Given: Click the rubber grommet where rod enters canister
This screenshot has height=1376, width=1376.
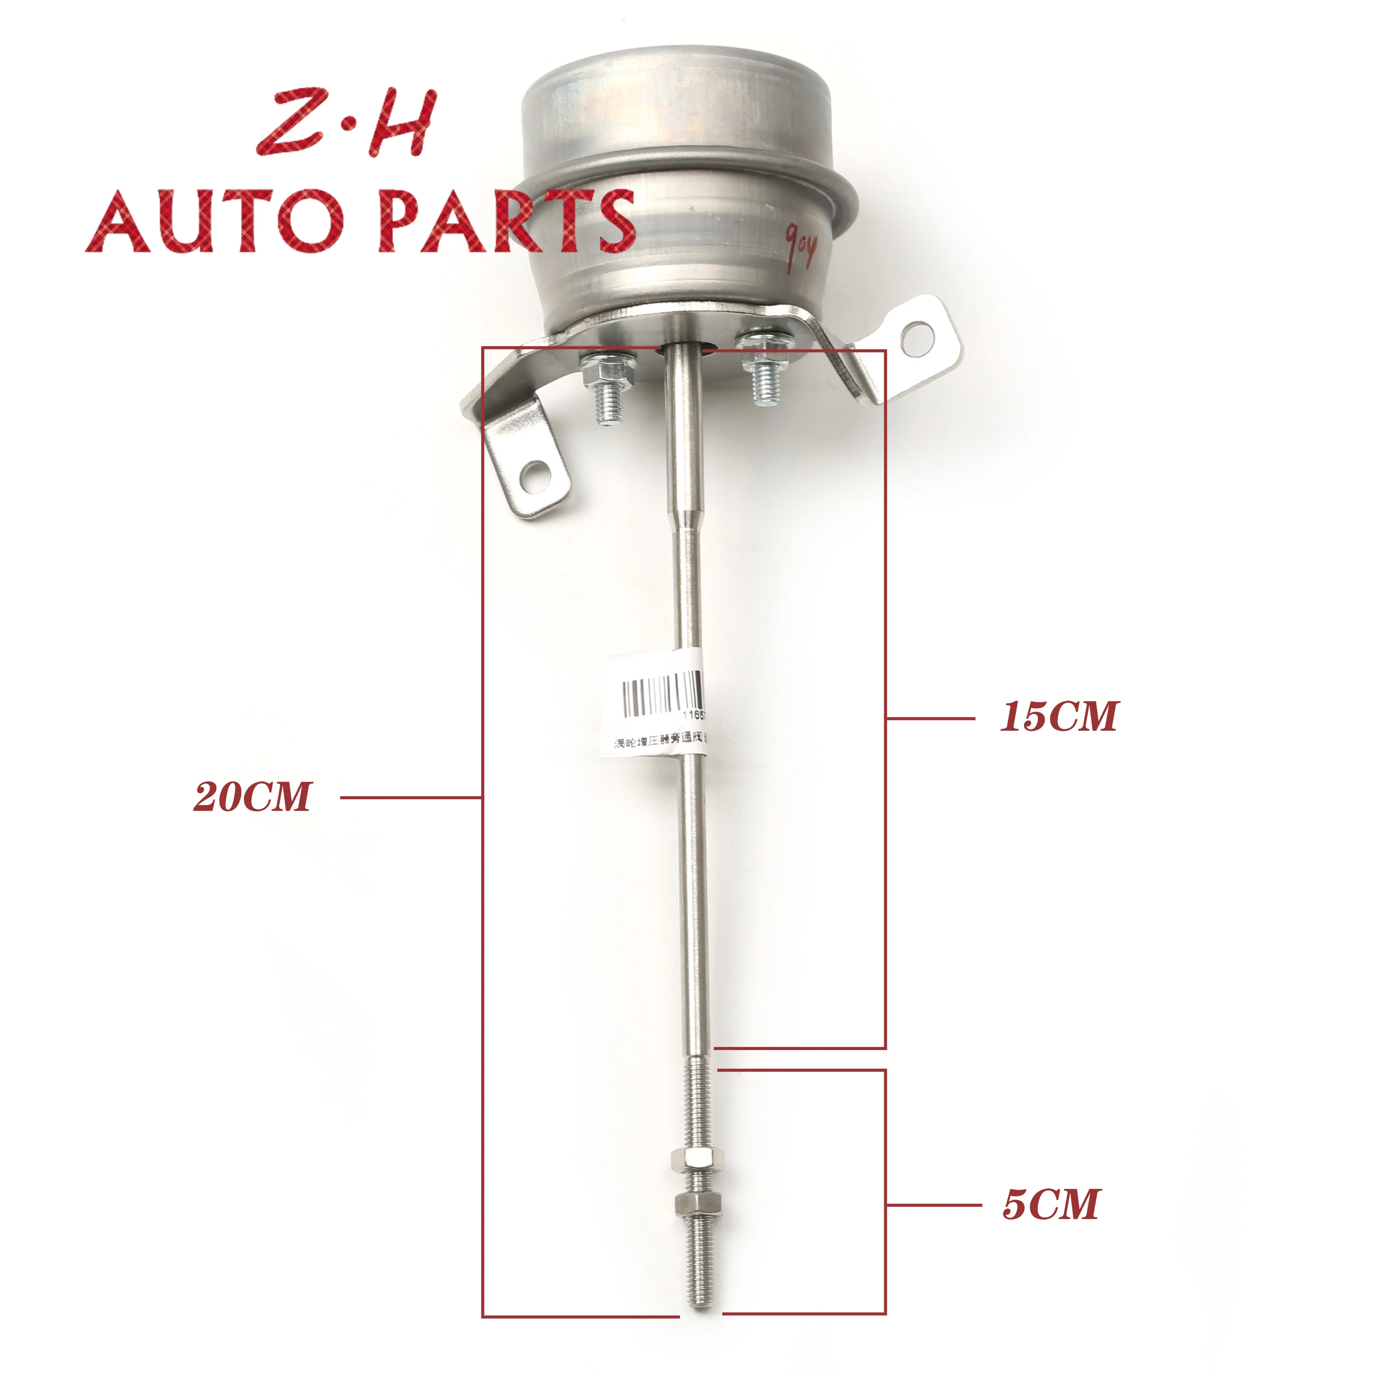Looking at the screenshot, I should (685, 347).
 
